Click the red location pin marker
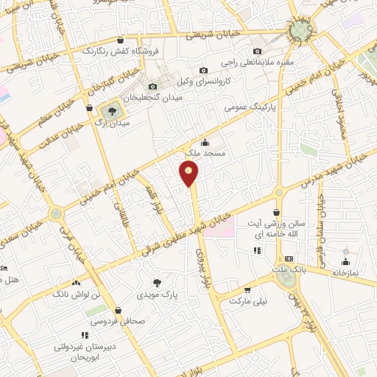pos(189,173)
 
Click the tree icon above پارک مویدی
pos(155,282)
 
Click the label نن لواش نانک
pos(76,295)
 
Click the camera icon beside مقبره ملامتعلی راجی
pos(257,51)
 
